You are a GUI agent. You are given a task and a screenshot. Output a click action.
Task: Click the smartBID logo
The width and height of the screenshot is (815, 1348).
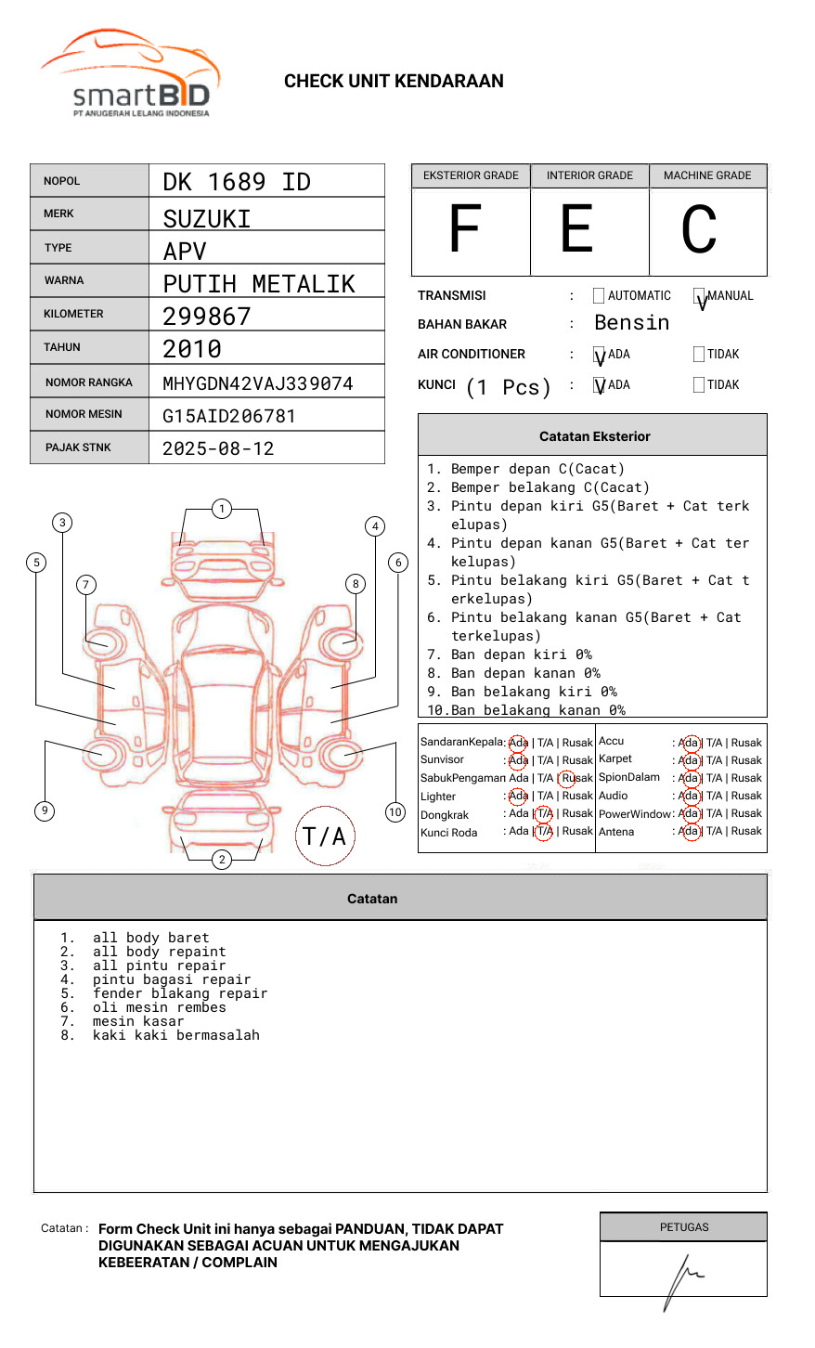tap(130, 74)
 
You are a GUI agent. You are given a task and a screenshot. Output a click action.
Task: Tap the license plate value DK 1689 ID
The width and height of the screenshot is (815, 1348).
tap(237, 182)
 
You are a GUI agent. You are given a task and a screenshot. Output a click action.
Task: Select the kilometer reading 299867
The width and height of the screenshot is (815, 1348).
tap(207, 317)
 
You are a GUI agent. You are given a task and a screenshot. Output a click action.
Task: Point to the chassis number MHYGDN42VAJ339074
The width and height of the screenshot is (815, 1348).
tap(258, 383)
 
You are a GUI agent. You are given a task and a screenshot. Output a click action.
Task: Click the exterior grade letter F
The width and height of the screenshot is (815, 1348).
tap(465, 229)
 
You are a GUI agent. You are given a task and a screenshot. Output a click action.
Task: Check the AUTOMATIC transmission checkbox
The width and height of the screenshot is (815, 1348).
tap(599, 296)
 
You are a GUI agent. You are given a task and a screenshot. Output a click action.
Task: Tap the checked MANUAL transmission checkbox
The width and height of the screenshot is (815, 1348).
tap(699, 296)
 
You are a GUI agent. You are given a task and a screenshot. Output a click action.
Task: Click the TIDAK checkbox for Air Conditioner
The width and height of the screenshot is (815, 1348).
tap(699, 355)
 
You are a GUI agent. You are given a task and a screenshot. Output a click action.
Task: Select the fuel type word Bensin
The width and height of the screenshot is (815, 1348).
tap(631, 323)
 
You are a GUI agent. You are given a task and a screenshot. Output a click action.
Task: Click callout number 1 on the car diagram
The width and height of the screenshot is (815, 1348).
tap(221, 509)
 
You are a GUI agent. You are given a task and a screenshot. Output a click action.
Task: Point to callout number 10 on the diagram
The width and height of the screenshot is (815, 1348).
tap(395, 812)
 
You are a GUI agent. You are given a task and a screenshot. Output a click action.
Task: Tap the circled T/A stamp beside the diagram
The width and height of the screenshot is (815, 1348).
tap(325, 836)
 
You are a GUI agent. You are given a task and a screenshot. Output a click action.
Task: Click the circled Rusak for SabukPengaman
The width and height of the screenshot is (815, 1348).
tap(567, 778)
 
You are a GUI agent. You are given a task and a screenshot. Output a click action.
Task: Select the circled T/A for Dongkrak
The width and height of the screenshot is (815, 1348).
tap(544, 813)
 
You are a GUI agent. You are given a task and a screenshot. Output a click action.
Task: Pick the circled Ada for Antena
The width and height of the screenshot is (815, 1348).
tap(689, 831)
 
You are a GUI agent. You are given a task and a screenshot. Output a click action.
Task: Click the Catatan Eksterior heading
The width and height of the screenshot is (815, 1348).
tap(594, 436)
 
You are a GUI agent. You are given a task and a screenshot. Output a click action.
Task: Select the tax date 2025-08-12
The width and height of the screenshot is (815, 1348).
tap(218, 448)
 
